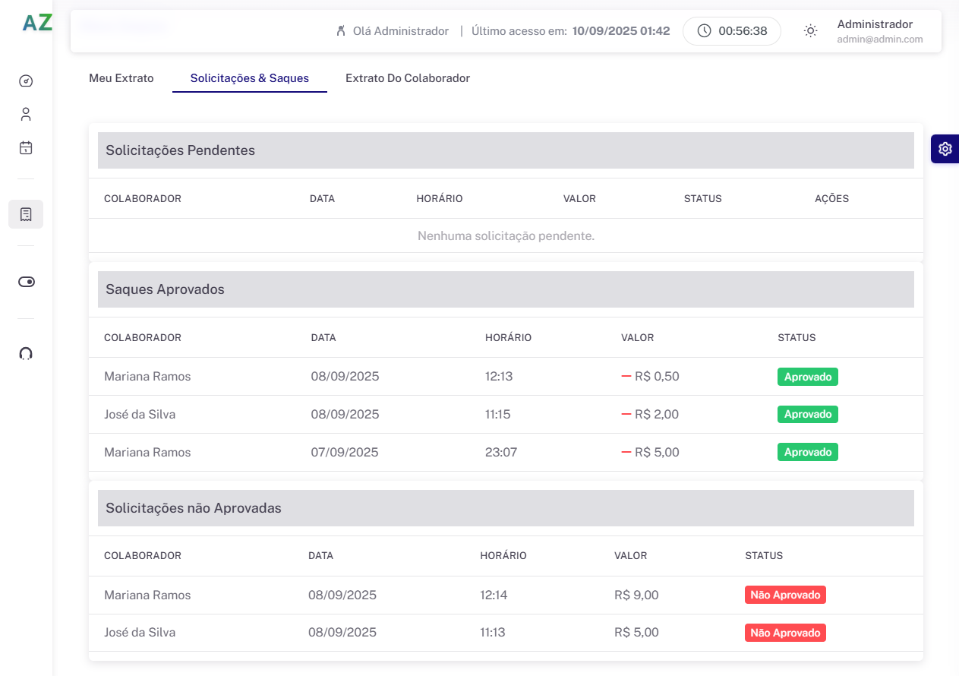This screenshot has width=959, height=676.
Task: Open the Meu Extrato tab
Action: click(x=121, y=78)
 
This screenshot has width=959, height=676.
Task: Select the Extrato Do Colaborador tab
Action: click(x=408, y=78)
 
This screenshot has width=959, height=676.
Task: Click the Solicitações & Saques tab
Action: click(x=250, y=78)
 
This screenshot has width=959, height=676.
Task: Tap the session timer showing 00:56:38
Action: click(x=732, y=31)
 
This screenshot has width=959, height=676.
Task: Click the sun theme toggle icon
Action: click(x=810, y=31)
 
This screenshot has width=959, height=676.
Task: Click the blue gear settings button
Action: click(x=945, y=149)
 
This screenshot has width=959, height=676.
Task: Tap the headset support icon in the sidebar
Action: click(x=26, y=353)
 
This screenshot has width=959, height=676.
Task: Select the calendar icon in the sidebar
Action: click(x=26, y=148)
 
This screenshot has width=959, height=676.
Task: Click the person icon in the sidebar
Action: click(x=26, y=114)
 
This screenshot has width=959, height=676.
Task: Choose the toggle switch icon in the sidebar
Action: click(x=26, y=282)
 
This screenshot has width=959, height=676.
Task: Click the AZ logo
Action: click(x=37, y=23)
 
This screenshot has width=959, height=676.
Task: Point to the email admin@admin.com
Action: click(x=880, y=39)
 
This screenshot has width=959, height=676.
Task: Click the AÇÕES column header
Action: click(x=831, y=198)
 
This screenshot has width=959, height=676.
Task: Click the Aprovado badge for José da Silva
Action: click(x=807, y=414)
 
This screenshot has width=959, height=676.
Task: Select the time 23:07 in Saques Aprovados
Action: click(x=501, y=452)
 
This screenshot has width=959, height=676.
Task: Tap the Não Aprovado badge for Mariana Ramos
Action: click(x=785, y=595)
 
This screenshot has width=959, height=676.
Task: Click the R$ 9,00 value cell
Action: click(x=636, y=595)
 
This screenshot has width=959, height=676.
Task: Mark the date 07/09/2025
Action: click(x=345, y=452)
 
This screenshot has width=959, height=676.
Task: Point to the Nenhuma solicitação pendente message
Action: click(x=506, y=235)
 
